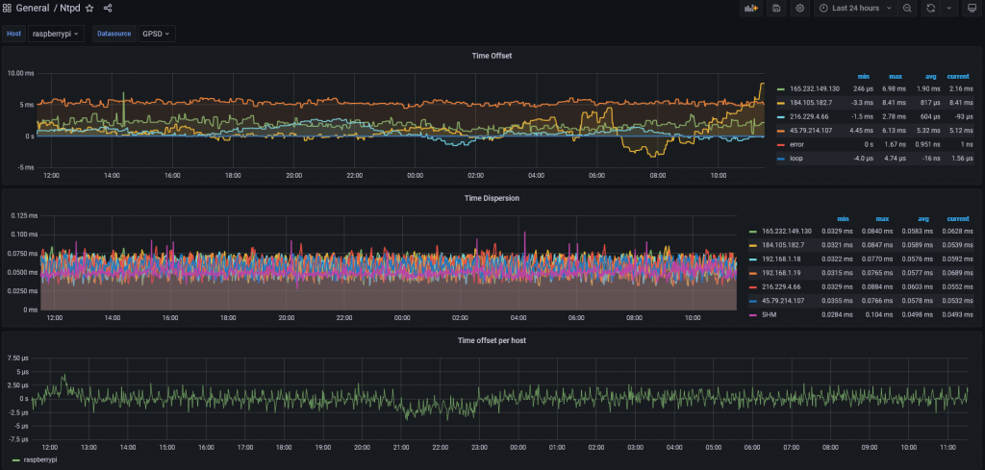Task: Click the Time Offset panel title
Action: [492, 56]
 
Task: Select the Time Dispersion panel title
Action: [492, 199]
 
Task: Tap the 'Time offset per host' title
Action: [492, 340]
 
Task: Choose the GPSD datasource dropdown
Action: [156, 34]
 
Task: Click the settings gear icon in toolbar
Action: [799, 9]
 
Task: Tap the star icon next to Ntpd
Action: [89, 8]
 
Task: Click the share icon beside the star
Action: [108, 8]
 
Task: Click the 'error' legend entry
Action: [796, 143]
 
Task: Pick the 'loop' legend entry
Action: [796, 158]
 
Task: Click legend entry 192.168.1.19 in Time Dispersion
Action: [782, 273]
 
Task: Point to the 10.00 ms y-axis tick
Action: [20, 73]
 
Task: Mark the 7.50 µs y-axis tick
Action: [18, 358]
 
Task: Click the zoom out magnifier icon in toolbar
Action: [907, 9]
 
